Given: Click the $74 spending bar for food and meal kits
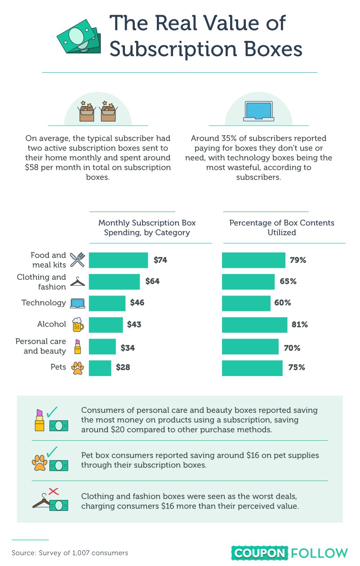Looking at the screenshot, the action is pyautogui.click(x=118, y=260).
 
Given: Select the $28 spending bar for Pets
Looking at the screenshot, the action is pyautogui.click(x=100, y=368).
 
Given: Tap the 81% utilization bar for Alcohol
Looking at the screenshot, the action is pyautogui.click(x=254, y=325).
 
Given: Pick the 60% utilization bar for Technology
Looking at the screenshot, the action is pyautogui.click(x=246, y=303).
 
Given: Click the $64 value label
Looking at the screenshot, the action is pyautogui.click(x=152, y=281).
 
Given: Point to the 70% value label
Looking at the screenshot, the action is pyautogui.click(x=292, y=348).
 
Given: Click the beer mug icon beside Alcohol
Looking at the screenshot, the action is pyautogui.click(x=78, y=324).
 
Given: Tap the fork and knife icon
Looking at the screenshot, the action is pyautogui.click(x=77, y=260).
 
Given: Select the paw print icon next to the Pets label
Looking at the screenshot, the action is pyautogui.click(x=77, y=368).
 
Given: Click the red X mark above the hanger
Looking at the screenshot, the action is pyautogui.click(x=53, y=491).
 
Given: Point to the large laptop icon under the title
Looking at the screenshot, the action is pyautogui.click(x=258, y=111).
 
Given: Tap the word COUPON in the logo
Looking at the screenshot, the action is pyautogui.click(x=260, y=553).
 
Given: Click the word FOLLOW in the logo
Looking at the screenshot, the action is pyautogui.click(x=320, y=553).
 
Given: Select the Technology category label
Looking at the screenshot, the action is pyautogui.click(x=44, y=303).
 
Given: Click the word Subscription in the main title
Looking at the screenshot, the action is pyautogui.click(x=173, y=50).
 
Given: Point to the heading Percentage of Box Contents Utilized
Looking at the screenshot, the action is pyautogui.click(x=282, y=227).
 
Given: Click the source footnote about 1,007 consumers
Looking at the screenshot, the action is pyautogui.click(x=70, y=553).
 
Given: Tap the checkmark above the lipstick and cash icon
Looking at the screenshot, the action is pyautogui.click(x=52, y=412).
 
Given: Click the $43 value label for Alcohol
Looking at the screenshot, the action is pyautogui.click(x=134, y=324).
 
